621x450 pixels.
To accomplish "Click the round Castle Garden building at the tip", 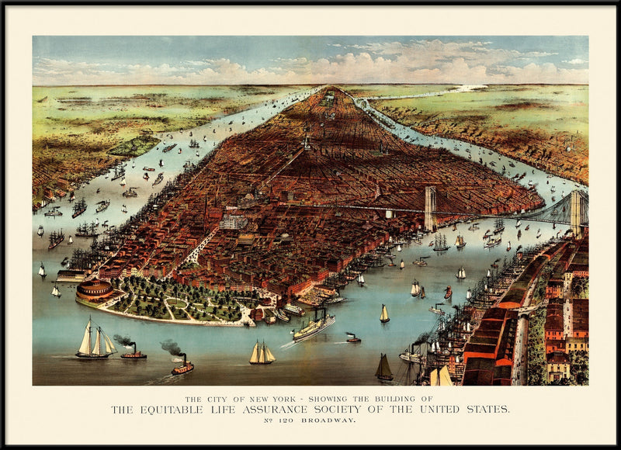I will pyautogui.click(x=95, y=291).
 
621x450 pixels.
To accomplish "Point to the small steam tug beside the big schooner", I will pyautogui.click(x=134, y=353).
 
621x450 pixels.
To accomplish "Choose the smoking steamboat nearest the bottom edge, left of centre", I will pyautogui.click(x=182, y=366).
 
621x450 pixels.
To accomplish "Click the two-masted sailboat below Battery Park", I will pyautogui.click(x=262, y=354).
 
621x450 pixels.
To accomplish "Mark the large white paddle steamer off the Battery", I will pyautogui.click(x=314, y=326).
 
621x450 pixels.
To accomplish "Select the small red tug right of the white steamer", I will pyautogui.click(x=353, y=338).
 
